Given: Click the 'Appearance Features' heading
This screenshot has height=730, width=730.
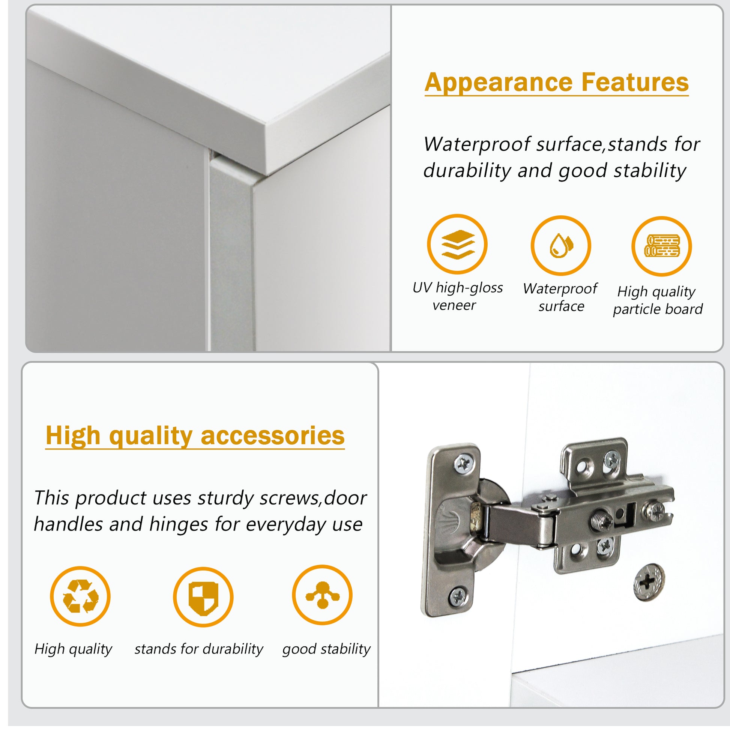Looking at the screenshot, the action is point(557,84).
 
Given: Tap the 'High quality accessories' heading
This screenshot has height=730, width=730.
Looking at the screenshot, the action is point(195,436).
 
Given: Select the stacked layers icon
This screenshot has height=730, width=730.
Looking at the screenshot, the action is point(457,244).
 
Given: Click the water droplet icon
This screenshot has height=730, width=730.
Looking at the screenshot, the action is point(561,246).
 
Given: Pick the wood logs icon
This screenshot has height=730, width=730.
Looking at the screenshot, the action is point(662,246).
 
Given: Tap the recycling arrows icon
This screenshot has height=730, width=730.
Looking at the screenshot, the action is point(80,596).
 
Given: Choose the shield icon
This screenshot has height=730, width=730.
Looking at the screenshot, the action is point(203,597).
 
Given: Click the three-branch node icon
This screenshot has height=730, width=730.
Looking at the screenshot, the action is point(322,595).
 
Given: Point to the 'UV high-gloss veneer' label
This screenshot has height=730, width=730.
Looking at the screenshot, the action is point(458,296).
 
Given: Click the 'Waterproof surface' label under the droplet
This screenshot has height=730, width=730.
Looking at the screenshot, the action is point(560,297).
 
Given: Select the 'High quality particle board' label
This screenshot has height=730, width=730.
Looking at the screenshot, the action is point(658,300).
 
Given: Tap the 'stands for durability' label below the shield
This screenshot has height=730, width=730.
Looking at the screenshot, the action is point(199,649).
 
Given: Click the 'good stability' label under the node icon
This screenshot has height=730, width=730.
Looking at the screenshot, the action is point(326,649).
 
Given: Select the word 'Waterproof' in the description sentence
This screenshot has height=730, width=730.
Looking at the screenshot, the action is point(477,145).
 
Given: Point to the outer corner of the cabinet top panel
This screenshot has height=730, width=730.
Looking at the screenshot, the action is point(267,174).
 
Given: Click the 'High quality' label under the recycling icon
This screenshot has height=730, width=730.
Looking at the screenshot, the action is point(73,649).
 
